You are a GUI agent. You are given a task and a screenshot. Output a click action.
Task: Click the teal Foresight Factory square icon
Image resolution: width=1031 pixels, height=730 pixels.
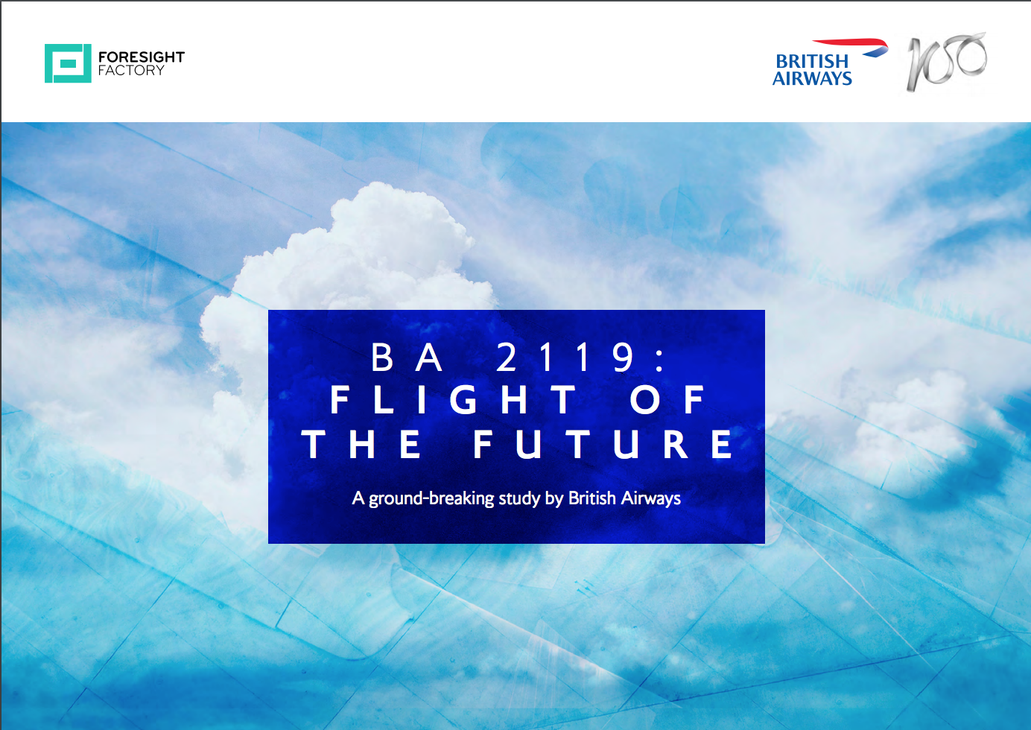(x=68, y=63)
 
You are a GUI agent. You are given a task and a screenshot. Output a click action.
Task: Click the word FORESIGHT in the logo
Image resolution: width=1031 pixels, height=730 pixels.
(x=142, y=57)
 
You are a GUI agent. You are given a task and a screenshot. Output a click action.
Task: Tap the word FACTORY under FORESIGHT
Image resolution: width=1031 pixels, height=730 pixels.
(x=131, y=71)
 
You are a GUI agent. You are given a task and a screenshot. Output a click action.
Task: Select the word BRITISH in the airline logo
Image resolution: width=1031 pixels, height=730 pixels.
(x=812, y=61)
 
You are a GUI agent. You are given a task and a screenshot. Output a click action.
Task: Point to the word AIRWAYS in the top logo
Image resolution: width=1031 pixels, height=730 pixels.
(x=812, y=78)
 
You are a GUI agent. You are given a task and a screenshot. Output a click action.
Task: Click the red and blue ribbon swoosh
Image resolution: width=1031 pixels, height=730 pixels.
(x=851, y=47)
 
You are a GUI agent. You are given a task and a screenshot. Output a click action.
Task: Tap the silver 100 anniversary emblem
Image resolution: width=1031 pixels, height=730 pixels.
(x=946, y=61)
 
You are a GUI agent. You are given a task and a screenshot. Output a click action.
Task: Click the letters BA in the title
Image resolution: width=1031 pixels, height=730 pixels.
(x=407, y=357)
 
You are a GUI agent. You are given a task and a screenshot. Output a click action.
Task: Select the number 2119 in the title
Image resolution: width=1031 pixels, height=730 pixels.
(x=565, y=357)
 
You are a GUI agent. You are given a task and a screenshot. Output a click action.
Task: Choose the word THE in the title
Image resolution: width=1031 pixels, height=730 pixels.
(x=361, y=444)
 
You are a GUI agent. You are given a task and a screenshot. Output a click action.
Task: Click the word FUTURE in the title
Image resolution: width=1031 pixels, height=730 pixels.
(x=603, y=444)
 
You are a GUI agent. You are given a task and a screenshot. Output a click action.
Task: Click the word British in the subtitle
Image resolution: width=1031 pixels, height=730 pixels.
(x=592, y=498)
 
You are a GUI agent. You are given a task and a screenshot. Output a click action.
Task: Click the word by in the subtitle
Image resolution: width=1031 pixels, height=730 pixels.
(x=554, y=499)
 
